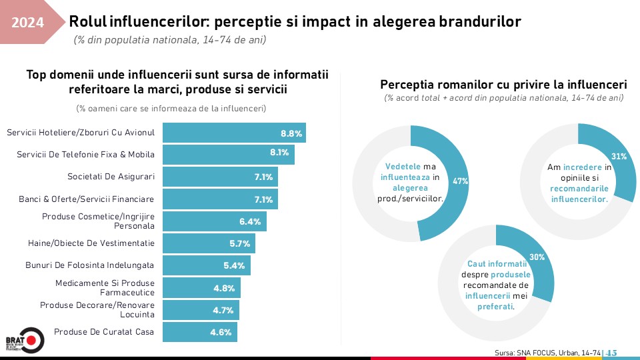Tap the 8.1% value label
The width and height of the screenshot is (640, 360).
pos(279,153)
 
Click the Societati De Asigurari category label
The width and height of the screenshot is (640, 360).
pos(111,177)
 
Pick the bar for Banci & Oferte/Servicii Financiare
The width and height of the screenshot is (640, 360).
pos(220,199)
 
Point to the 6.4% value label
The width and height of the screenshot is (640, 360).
pos(250,221)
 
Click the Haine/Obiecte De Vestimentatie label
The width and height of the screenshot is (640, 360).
pos(91,243)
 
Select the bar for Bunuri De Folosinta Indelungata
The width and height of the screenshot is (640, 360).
pos(207,265)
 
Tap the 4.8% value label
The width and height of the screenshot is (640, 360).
pos(224,288)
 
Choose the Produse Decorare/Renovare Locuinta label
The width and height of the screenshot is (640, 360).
pos(97,309)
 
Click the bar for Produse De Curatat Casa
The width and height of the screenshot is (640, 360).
pos(200,332)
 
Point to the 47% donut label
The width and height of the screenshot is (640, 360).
pos(460,181)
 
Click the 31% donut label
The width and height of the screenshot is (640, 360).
pos(619,157)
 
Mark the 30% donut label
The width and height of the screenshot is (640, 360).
pos(537,257)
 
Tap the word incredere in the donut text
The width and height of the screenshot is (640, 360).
pos(583,167)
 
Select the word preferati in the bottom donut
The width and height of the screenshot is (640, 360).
pos(495,307)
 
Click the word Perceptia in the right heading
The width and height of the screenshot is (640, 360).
pos(407,85)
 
